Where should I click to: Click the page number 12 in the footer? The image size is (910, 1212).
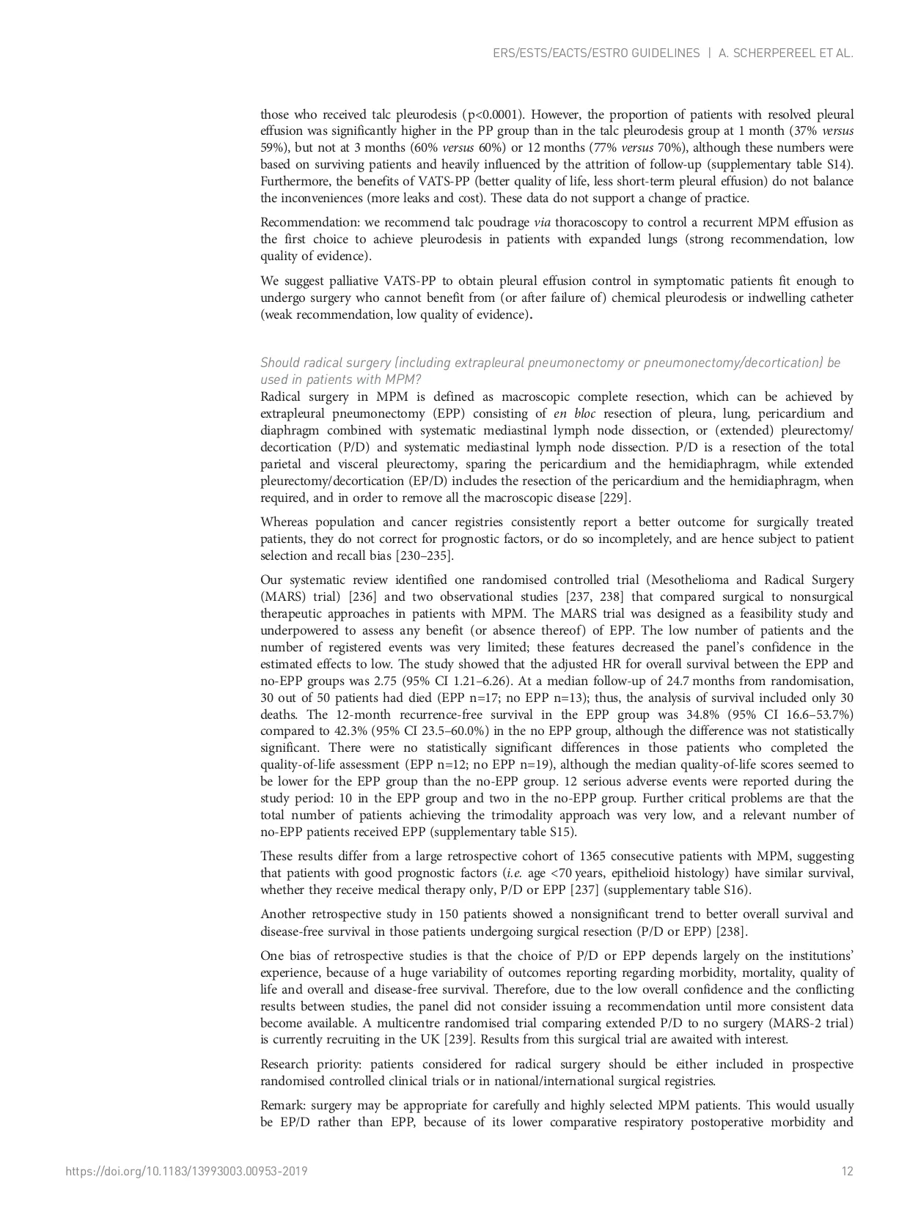pyautogui.click(x=848, y=1171)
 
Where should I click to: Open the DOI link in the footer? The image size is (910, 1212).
pyautogui.click(x=186, y=1171)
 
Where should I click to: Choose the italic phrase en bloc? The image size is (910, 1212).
pyautogui.click(x=575, y=414)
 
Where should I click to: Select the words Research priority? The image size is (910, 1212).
pyautogui.click(x=311, y=1065)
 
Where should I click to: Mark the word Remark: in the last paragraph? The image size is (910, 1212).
pyautogui.click(x=283, y=1106)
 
